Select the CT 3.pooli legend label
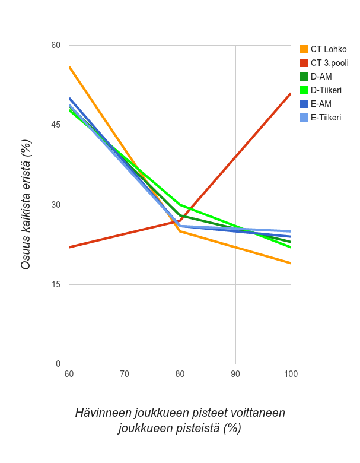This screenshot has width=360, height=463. point(329,63)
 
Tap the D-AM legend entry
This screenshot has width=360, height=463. point(321,77)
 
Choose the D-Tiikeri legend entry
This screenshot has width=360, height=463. point(326,90)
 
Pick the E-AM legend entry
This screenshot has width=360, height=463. point(321,104)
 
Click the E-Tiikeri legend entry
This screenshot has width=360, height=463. point(326,118)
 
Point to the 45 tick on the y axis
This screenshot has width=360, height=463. point(56,125)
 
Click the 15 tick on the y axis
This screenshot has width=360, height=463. point(56,284)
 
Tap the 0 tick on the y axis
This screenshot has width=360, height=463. point(58,364)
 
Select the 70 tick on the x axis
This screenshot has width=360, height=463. point(125,374)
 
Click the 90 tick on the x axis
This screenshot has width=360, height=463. point(235,374)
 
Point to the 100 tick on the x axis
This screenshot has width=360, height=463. point(291,374)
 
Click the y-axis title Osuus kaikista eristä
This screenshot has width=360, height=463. point(26,204)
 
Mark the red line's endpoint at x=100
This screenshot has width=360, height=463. point(291,93)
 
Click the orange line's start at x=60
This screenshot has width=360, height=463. point(69,66)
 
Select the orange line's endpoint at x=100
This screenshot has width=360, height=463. point(291,263)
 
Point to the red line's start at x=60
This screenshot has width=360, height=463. point(69,247)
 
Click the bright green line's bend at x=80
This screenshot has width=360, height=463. point(180,205)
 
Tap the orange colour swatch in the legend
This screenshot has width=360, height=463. point(304,49)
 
